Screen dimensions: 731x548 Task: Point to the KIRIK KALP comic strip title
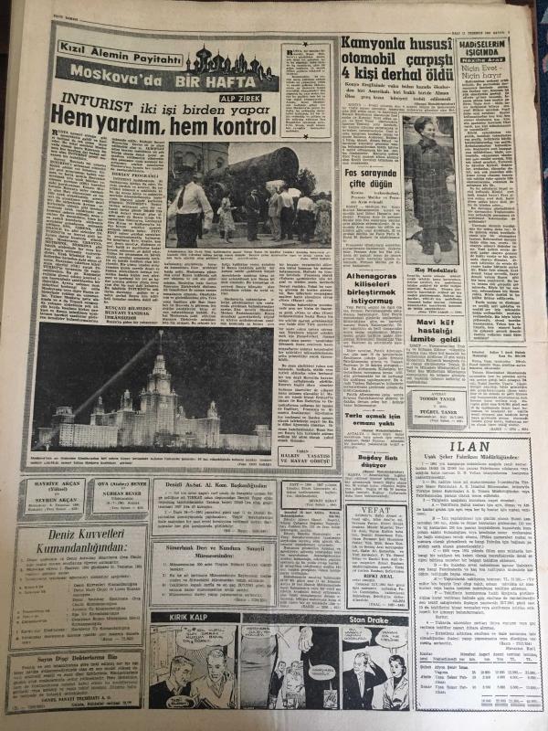tap(185, 618)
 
